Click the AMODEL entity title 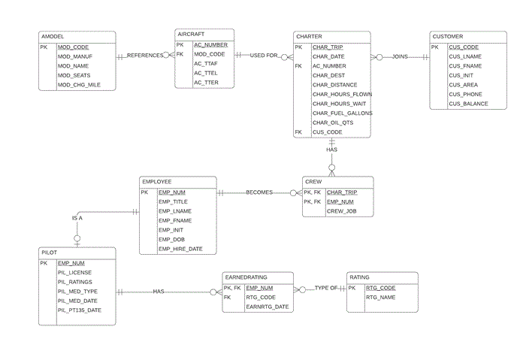53,36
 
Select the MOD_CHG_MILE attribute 79,85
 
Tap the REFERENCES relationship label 145,56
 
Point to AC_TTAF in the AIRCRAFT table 206,64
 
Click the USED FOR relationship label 264,56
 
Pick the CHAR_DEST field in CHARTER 328,75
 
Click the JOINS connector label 400,56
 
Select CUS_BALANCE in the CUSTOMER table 468,104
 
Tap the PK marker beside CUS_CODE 435,47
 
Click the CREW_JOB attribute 340,211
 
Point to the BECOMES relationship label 259,192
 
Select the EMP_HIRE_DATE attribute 180,249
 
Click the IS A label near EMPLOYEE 77,218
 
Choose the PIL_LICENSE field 75,272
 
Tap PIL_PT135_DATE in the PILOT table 80,310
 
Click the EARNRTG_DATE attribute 268,307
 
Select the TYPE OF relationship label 326,289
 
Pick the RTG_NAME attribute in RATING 380,298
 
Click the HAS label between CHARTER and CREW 331,150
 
